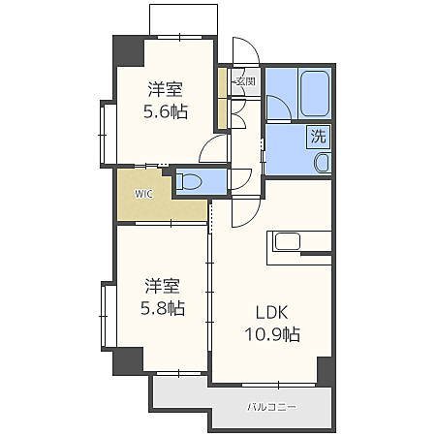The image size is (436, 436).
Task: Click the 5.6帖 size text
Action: pyautogui.click(x=167, y=111)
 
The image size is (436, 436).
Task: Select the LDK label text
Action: pyautogui.click(x=271, y=313)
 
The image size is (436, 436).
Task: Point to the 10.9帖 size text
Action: pyautogui.click(x=271, y=335)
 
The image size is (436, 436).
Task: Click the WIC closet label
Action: pyautogui.click(x=143, y=193)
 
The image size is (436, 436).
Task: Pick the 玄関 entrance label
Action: pyautogui.click(x=244, y=82)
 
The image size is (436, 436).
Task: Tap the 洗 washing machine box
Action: pyautogui.click(x=319, y=138)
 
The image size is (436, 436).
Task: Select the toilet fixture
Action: pyautogui.click(x=191, y=181)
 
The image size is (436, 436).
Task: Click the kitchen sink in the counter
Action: pyautogui.click(x=292, y=241)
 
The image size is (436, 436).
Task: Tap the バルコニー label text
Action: pyautogui.click(x=271, y=406)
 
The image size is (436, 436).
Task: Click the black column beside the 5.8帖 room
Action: pyautogui.click(x=127, y=359)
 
